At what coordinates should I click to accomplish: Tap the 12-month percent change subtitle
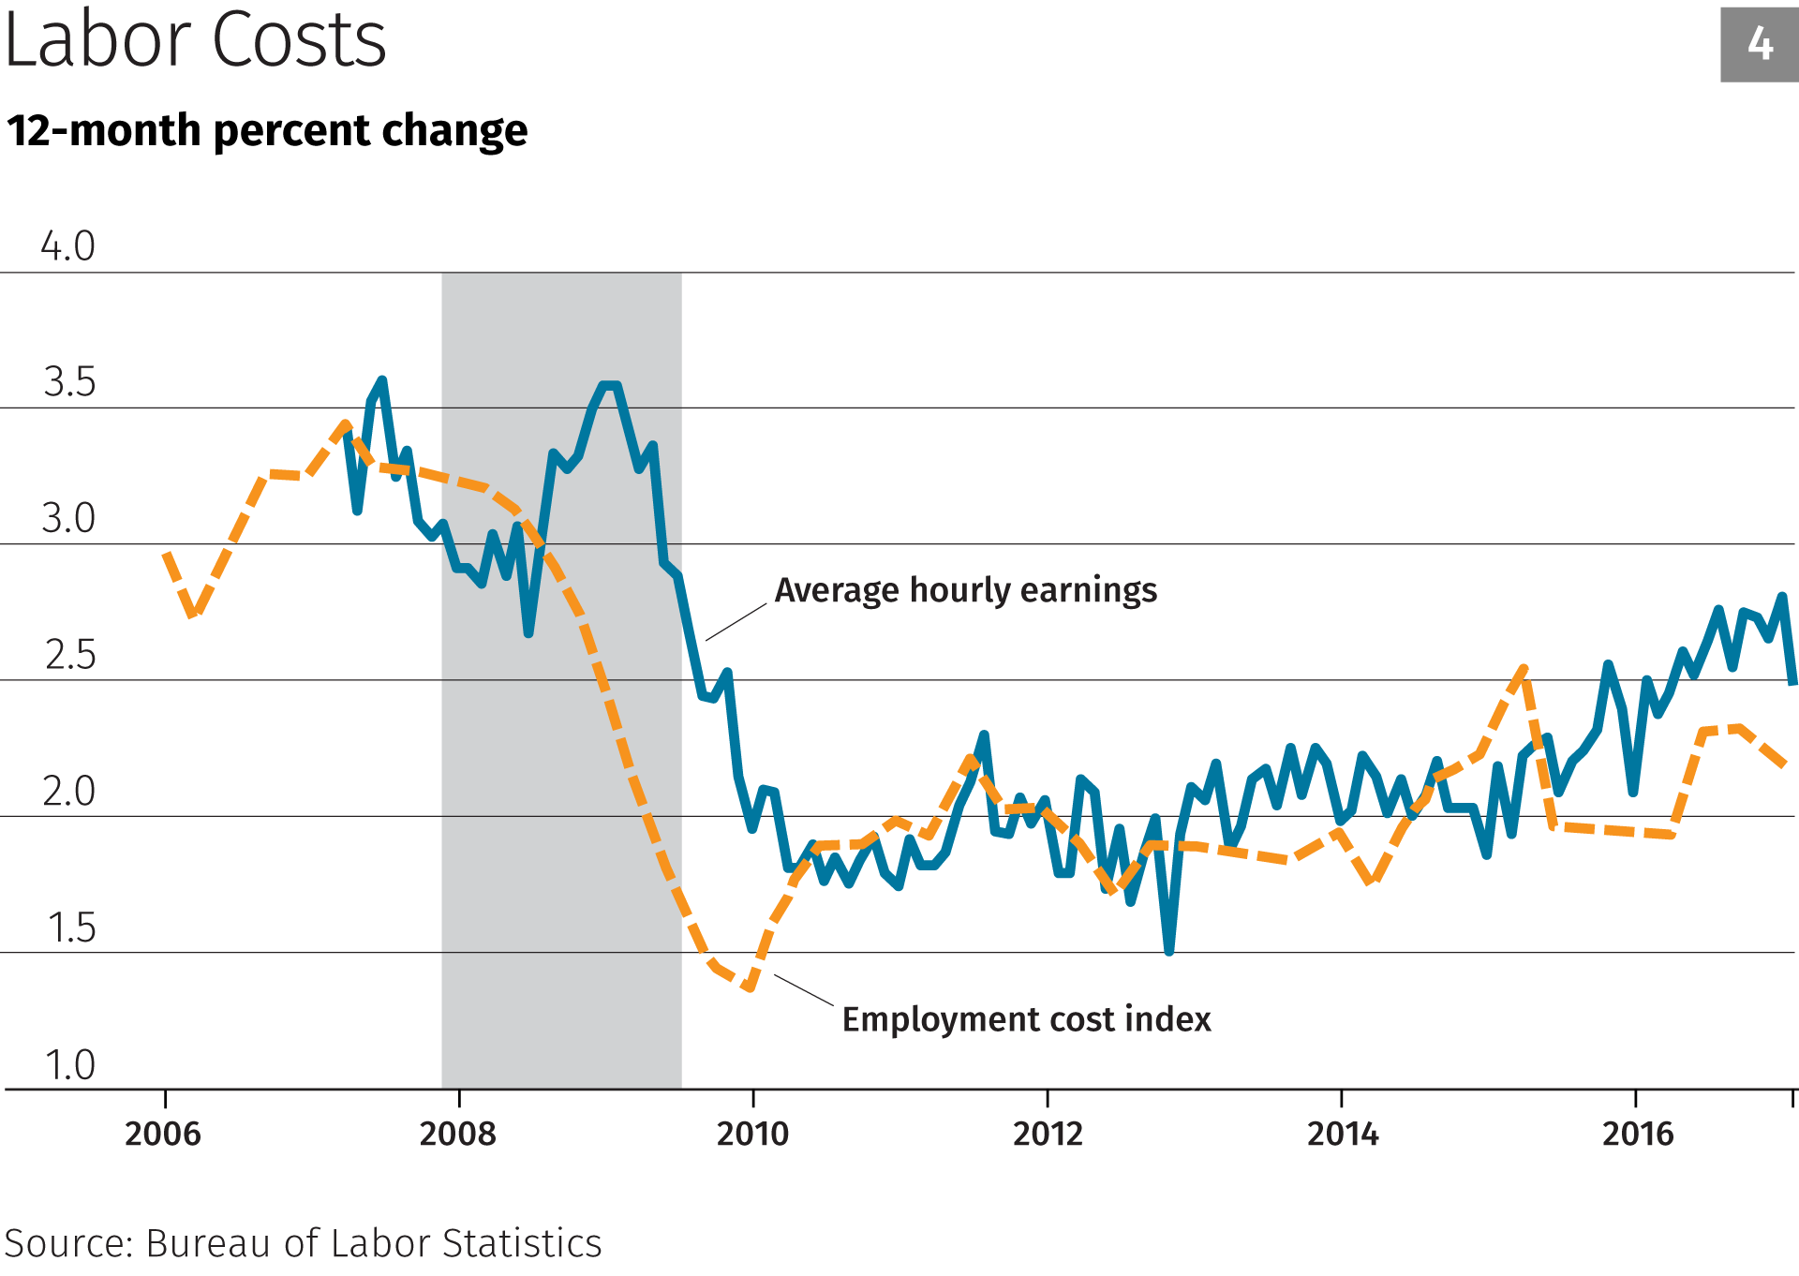coord(267,130)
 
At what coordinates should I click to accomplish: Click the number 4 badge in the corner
coord(1759,44)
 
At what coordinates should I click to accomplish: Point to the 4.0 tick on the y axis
coord(67,246)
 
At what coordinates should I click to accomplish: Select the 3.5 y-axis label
coord(69,382)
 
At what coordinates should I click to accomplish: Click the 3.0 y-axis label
coord(68,518)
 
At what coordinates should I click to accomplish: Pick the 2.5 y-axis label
coord(70,655)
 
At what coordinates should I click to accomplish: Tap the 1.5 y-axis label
coord(71,927)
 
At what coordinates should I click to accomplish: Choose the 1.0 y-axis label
coord(70,1064)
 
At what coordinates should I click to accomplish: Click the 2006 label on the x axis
coord(163,1134)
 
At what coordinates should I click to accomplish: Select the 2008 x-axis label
coord(457,1134)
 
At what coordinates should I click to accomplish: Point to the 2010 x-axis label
coord(752,1134)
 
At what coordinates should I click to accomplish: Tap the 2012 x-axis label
coord(1048,1134)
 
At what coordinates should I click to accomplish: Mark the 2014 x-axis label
coord(1343,1134)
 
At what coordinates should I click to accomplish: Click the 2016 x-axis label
coord(1637,1134)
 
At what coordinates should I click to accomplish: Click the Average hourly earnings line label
coord(965,590)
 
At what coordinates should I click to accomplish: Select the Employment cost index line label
coord(1026,1019)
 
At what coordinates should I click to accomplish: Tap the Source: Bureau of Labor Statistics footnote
coord(303,1243)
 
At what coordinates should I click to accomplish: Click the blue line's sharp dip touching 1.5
coord(1168,950)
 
